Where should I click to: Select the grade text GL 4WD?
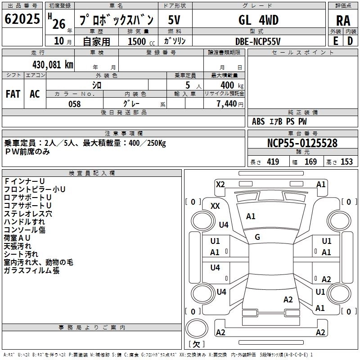tap(258, 20)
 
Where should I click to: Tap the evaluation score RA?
tap(343, 21)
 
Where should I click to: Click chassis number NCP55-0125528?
tap(302, 144)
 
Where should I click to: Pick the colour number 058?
tap(74, 104)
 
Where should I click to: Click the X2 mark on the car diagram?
tap(220, 184)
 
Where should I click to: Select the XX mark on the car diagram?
tap(216, 206)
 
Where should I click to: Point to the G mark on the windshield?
tap(257, 237)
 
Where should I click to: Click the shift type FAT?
tap(13, 94)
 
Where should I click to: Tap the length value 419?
tap(273, 162)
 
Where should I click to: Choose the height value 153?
tap(346, 162)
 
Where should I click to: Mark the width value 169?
tap(311, 162)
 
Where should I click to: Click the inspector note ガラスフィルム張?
tap(31, 270)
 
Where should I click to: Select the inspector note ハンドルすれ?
tap(24, 221)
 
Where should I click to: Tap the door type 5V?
tap(175, 20)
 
